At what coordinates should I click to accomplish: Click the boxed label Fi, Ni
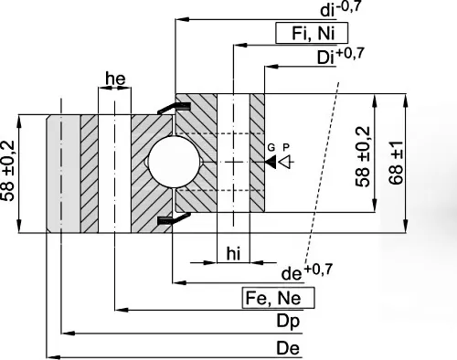click(x=312, y=33)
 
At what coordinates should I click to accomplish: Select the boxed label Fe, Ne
click(x=278, y=298)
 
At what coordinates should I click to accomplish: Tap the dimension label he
click(x=115, y=79)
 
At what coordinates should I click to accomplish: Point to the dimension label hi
click(x=233, y=254)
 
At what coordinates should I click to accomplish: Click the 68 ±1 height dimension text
click(x=396, y=163)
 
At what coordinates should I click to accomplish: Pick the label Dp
click(x=288, y=322)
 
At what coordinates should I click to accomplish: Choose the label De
click(x=288, y=348)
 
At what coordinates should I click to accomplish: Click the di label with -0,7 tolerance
click(x=341, y=8)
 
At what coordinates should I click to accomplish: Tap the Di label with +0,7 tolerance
click(x=341, y=56)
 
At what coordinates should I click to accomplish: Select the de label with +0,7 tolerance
click(x=307, y=271)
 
